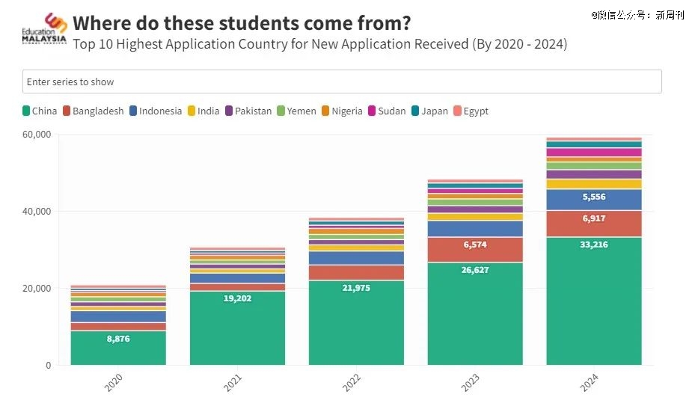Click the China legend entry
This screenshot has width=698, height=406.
pyautogui.click(x=40, y=111)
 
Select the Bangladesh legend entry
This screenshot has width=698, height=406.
pyautogui.click(x=94, y=111)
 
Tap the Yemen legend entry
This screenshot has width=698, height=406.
pyautogui.click(x=296, y=111)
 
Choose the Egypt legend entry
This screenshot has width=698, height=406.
pyautogui.click(x=471, y=111)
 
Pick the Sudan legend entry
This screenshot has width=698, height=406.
pyautogui.click(x=386, y=111)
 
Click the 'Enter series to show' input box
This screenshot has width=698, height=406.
pyautogui.click(x=342, y=81)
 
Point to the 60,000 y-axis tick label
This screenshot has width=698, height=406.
pyautogui.click(x=36, y=135)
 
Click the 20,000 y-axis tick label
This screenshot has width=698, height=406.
pyautogui.click(x=36, y=289)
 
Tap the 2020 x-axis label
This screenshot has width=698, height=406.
pyautogui.click(x=114, y=383)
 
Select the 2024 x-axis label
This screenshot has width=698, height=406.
pyautogui.click(x=590, y=383)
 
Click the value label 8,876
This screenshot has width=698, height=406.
pyautogui.click(x=118, y=339)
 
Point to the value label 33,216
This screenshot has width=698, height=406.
pyautogui.click(x=593, y=244)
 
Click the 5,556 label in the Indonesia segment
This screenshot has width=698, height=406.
pyautogui.click(x=593, y=197)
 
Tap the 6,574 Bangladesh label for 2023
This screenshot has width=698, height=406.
pyautogui.click(x=475, y=244)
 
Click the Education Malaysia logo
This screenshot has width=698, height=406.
pyautogui.click(x=44, y=29)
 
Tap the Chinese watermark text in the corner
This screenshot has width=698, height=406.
pyautogui.click(x=637, y=14)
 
